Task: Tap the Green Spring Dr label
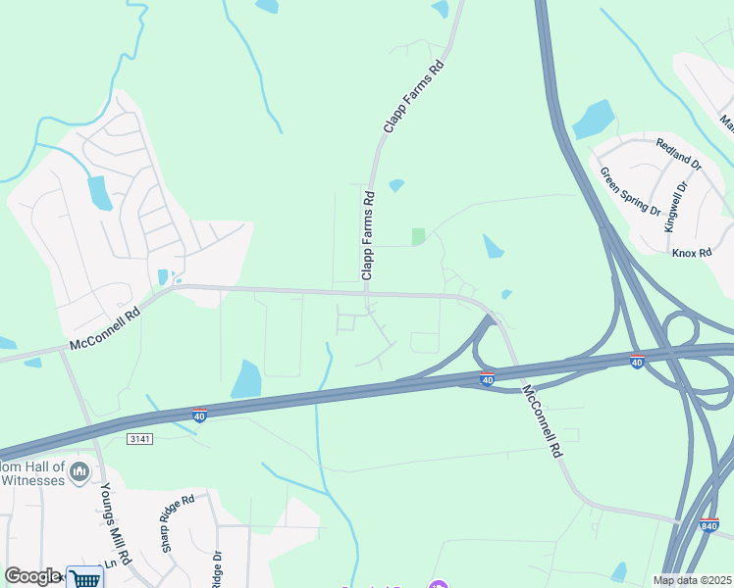631,191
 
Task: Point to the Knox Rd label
691,252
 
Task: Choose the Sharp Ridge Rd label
180,522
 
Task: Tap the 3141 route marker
140,439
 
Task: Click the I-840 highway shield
708,526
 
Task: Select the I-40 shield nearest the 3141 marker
199,415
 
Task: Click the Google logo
32,575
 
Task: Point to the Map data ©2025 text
693,580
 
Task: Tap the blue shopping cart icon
85,577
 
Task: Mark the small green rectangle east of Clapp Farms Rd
419,236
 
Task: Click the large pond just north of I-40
246,379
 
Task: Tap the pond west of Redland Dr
593,120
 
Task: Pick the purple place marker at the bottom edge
438,584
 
